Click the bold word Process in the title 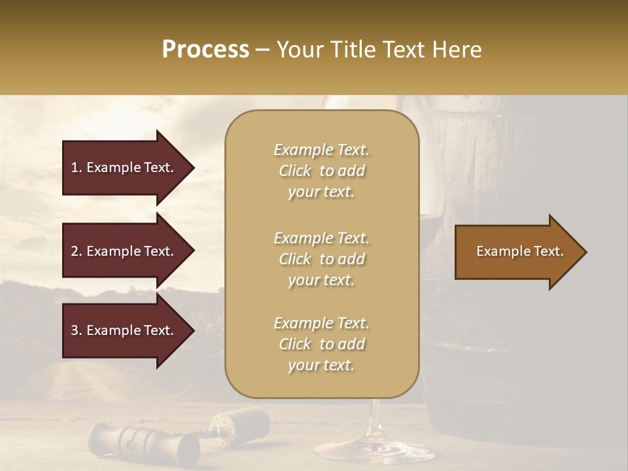coord(205,50)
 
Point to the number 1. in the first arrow coord(77,167)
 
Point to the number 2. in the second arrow coord(77,251)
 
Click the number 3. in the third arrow coord(77,330)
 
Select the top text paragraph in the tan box coord(321,171)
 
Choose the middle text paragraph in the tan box coord(321,259)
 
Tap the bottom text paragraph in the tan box coord(321,344)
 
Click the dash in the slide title coord(263,50)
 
